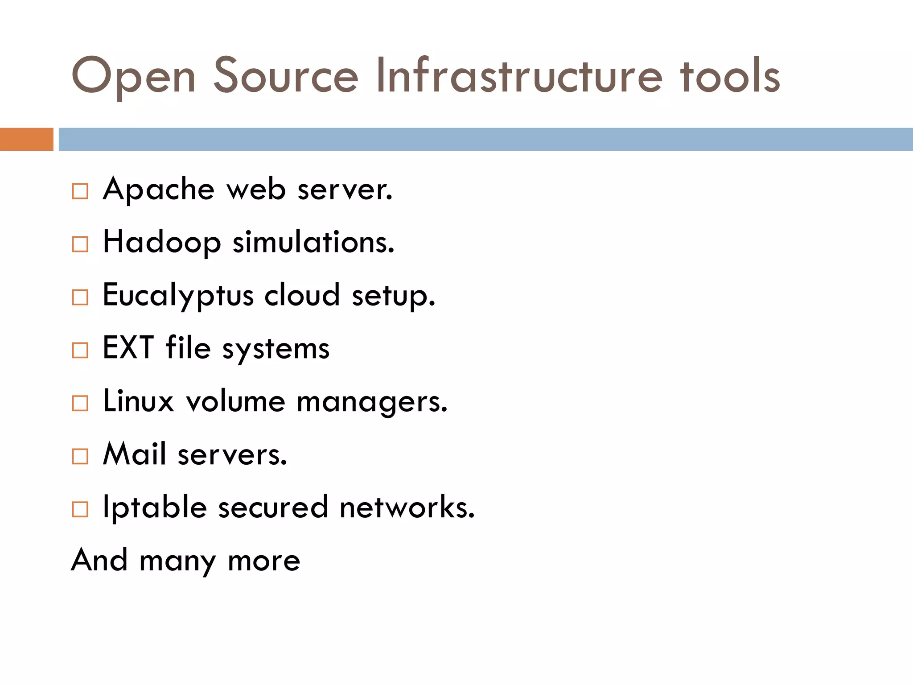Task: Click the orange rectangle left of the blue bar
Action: point(26,139)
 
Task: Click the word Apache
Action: point(159,190)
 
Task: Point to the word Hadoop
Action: point(162,243)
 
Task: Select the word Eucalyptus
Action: point(178,296)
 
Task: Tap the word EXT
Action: point(128,348)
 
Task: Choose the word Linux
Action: point(138,401)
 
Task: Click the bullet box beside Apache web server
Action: point(80,191)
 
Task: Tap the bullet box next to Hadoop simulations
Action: point(80,244)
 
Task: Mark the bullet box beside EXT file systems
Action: point(80,350)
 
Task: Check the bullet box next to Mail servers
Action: point(80,456)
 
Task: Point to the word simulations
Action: point(313,243)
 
